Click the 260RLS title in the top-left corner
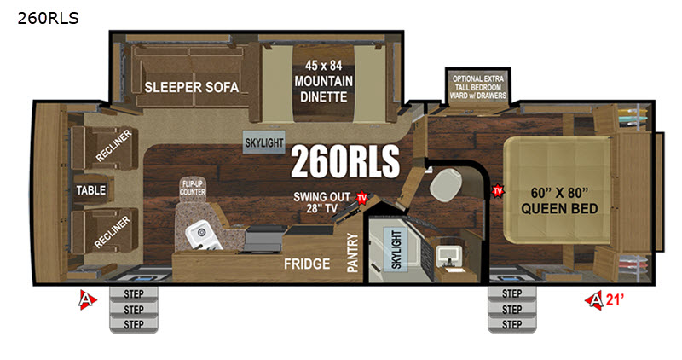coord(49,18)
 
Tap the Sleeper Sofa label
coord(191,87)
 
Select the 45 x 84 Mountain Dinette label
coord(323,81)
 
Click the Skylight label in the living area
coord(264,142)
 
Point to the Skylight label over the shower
coord(396,249)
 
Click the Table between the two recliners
coord(91,190)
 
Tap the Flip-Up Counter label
coord(193,188)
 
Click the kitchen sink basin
coord(202,235)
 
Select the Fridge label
coord(307,264)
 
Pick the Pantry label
coord(352,253)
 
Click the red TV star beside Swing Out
coord(361,198)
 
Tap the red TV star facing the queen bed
coord(498,191)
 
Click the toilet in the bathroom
coord(445,184)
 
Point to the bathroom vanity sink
coord(450,258)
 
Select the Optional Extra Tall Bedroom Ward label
coord(478,87)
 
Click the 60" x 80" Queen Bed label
coord(559,200)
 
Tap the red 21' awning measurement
coord(615,299)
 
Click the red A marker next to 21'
coord(594,299)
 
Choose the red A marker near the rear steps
coord(88,299)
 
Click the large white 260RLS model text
coord(345,161)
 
